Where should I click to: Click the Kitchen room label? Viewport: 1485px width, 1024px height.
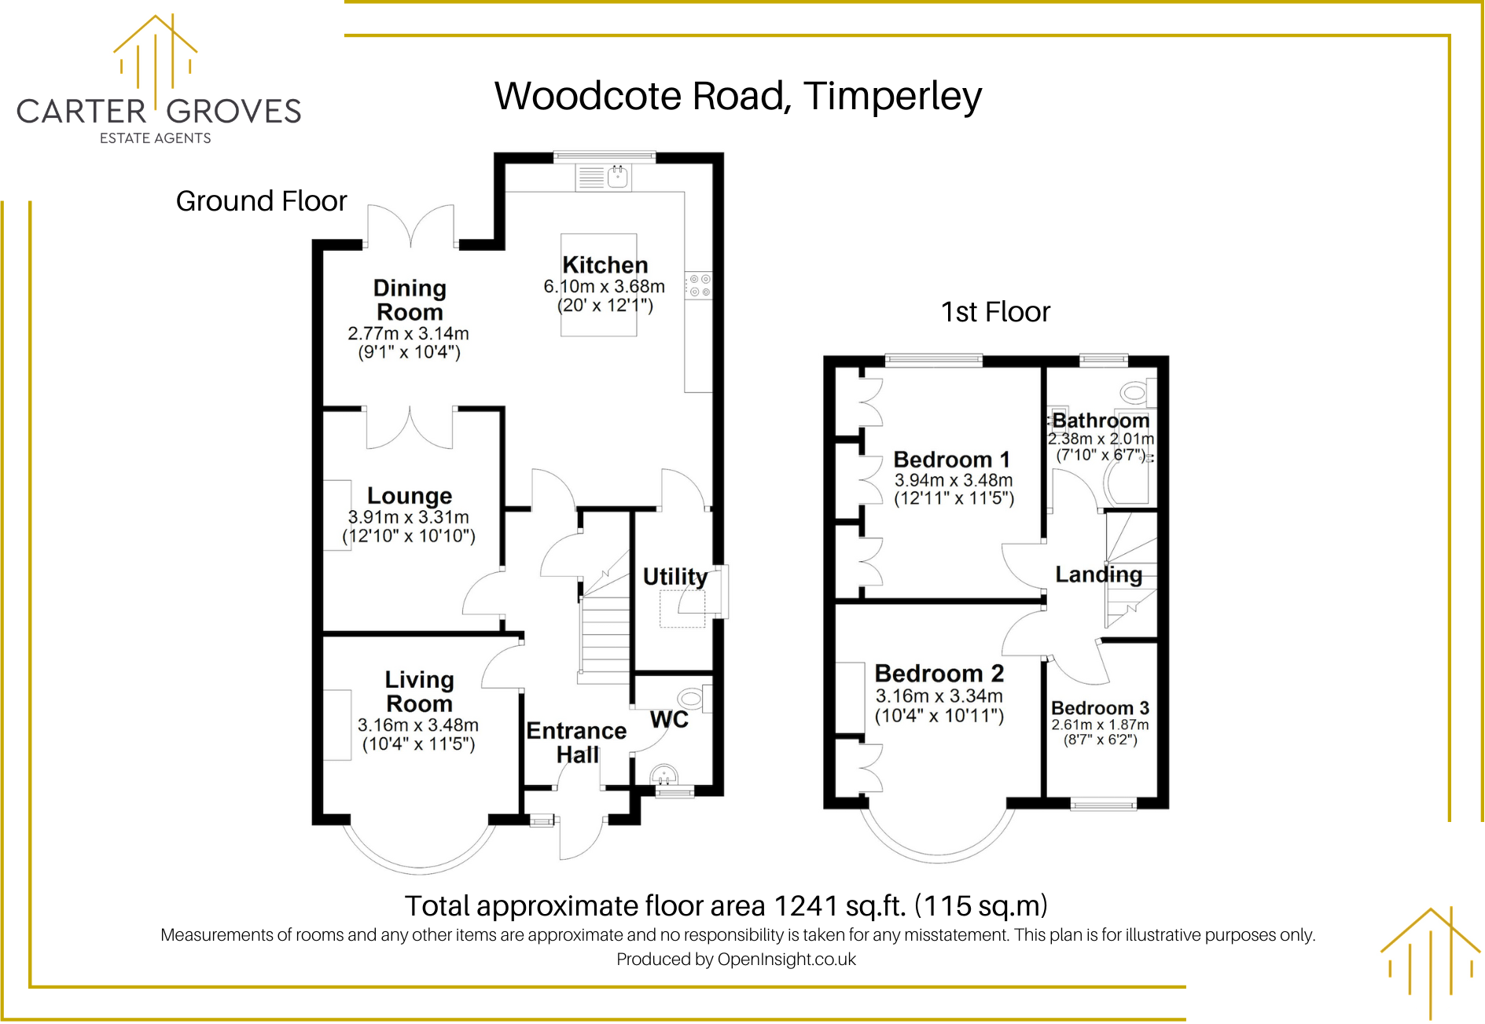pos(605,265)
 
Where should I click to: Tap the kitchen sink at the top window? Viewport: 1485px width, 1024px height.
pos(618,178)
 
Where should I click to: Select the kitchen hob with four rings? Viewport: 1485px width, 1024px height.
pos(699,285)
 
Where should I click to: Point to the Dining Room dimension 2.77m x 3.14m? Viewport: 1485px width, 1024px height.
pos(408,333)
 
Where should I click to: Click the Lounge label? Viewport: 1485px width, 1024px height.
pos(410,496)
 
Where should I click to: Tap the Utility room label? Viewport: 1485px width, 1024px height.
pos(674,576)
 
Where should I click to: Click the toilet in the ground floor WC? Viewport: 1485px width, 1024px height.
pos(691,698)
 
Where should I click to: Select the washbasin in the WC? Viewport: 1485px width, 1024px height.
pos(665,775)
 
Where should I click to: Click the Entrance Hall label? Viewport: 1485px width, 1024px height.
pos(576,742)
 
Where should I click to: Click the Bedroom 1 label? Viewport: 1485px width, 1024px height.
pos(951,459)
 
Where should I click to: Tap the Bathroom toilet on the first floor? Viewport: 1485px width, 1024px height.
pos(1134,391)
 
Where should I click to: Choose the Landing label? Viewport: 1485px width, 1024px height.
pos(1098,574)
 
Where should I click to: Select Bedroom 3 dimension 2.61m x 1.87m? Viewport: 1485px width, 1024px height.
pos(1100,725)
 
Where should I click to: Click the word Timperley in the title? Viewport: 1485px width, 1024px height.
pos(892,96)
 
